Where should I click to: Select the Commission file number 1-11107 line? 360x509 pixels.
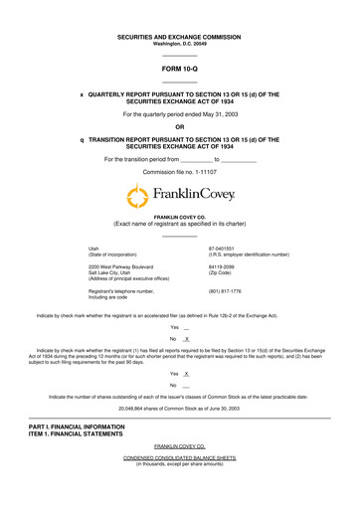(179, 170)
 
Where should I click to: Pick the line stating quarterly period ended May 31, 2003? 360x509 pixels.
(179, 114)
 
